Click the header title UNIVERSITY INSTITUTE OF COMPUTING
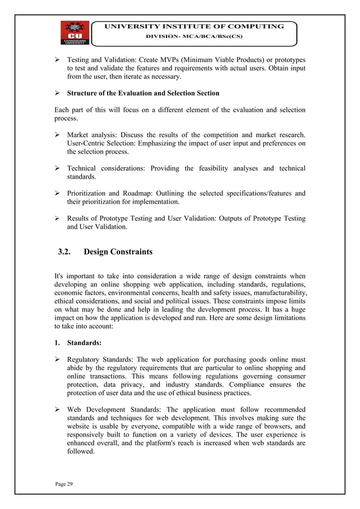[x=193, y=26]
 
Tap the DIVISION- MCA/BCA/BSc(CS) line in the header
[x=193, y=37]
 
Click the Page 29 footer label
[x=65, y=484]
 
